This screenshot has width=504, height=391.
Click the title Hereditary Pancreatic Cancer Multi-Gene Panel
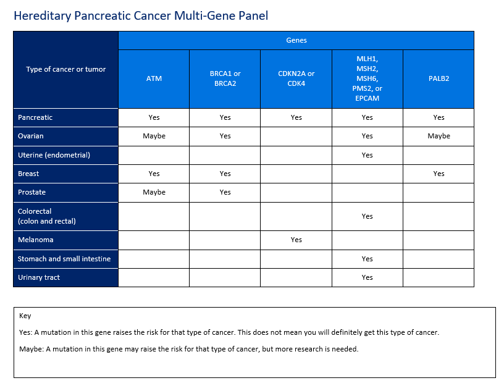click(x=141, y=16)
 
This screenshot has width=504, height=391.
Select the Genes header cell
click(x=296, y=40)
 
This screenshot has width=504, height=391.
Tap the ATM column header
click(x=154, y=78)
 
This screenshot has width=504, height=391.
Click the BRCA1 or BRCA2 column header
click(x=225, y=78)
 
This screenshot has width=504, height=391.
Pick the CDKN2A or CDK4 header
click(x=296, y=78)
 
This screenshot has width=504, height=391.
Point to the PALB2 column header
click(x=439, y=78)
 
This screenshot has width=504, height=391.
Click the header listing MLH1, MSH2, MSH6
click(x=367, y=78)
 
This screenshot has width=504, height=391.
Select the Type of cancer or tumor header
click(x=66, y=69)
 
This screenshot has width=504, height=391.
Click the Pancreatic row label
click(x=35, y=117)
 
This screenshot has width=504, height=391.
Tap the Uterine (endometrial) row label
click(x=54, y=155)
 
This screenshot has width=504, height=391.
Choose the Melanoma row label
click(x=36, y=240)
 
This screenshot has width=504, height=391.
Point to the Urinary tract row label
click(x=39, y=277)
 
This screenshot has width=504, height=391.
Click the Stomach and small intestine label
click(x=64, y=259)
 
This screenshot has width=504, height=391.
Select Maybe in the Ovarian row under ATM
click(x=154, y=136)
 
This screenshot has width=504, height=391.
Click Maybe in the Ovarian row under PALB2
click(x=439, y=136)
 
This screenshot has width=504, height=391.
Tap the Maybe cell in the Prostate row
click(x=154, y=192)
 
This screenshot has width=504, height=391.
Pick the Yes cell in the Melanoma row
click(x=296, y=240)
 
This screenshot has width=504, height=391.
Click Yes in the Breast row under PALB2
click(x=439, y=174)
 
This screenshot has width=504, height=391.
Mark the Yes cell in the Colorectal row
click(x=367, y=216)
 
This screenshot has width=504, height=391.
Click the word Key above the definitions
click(x=25, y=316)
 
